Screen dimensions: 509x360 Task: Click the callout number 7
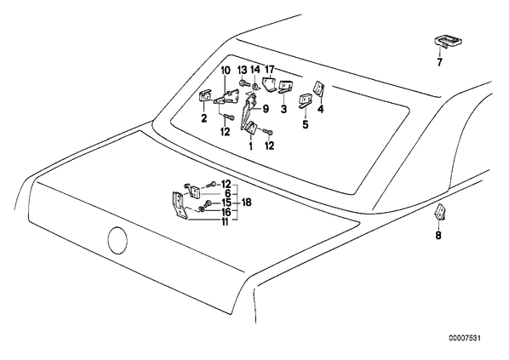point(439,62)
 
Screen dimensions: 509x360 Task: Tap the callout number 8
point(438,235)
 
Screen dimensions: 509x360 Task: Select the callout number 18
point(247,203)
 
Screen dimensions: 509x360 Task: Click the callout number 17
point(270,70)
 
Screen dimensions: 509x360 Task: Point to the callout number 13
point(243,70)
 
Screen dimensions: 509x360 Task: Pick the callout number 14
point(255,70)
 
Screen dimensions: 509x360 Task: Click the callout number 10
point(226,71)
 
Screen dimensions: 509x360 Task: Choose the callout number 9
point(266,109)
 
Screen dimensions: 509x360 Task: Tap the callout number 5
point(306,124)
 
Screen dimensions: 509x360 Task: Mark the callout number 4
point(321,109)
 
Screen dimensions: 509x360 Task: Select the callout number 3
point(284,109)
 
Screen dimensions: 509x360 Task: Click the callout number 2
point(204,118)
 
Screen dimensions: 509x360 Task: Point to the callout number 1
point(250,146)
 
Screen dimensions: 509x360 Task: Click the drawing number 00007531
point(465,339)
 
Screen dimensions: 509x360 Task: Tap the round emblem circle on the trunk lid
point(117,241)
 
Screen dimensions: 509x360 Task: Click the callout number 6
point(228,194)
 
